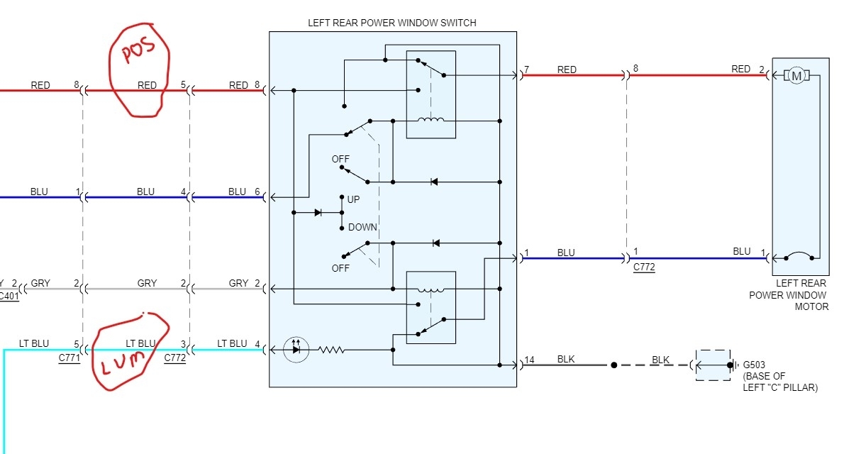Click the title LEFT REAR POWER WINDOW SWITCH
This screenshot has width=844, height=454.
[392, 23]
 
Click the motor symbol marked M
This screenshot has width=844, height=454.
[796, 76]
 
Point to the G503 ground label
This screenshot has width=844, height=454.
[753, 365]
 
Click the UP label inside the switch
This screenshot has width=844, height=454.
[353, 199]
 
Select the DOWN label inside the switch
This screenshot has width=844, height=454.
[362, 227]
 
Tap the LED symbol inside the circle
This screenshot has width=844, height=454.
[296, 350]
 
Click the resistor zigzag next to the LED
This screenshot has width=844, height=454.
[332, 350]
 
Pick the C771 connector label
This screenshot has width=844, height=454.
[69, 358]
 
